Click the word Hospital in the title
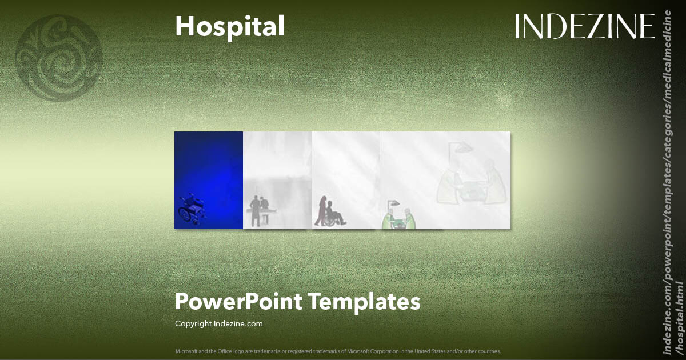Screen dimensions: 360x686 click(x=229, y=26)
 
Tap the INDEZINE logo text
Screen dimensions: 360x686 click(x=584, y=26)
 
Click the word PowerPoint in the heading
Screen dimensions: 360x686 click(x=238, y=301)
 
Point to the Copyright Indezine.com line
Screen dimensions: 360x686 click(x=218, y=323)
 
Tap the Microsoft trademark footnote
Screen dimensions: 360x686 click(x=338, y=351)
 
